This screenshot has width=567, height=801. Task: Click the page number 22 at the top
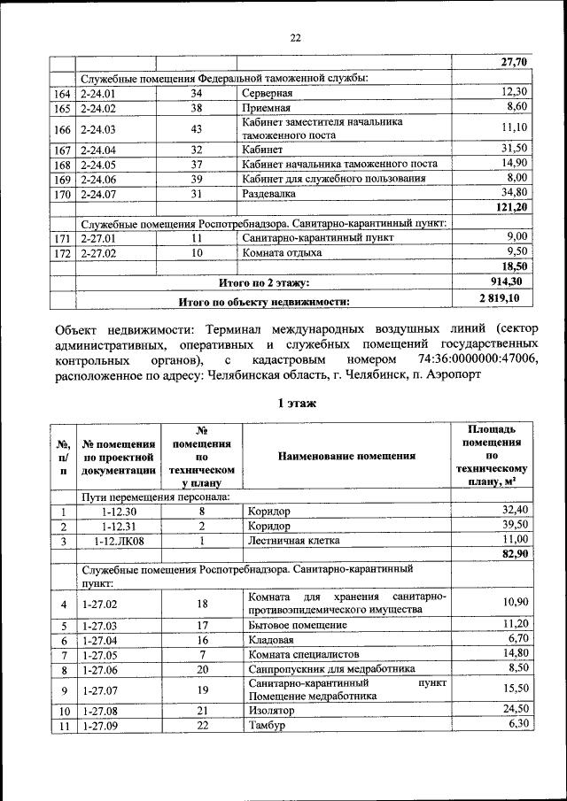point(295,36)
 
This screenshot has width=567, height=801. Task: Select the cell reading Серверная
point(268,93)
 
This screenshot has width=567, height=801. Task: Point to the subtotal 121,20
point(513,206)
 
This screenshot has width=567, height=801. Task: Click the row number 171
point(62,238)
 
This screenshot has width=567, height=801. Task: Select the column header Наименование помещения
point(346,456)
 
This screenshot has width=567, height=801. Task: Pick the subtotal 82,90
point(514,554)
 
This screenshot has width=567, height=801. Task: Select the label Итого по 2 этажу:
point(264,283)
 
